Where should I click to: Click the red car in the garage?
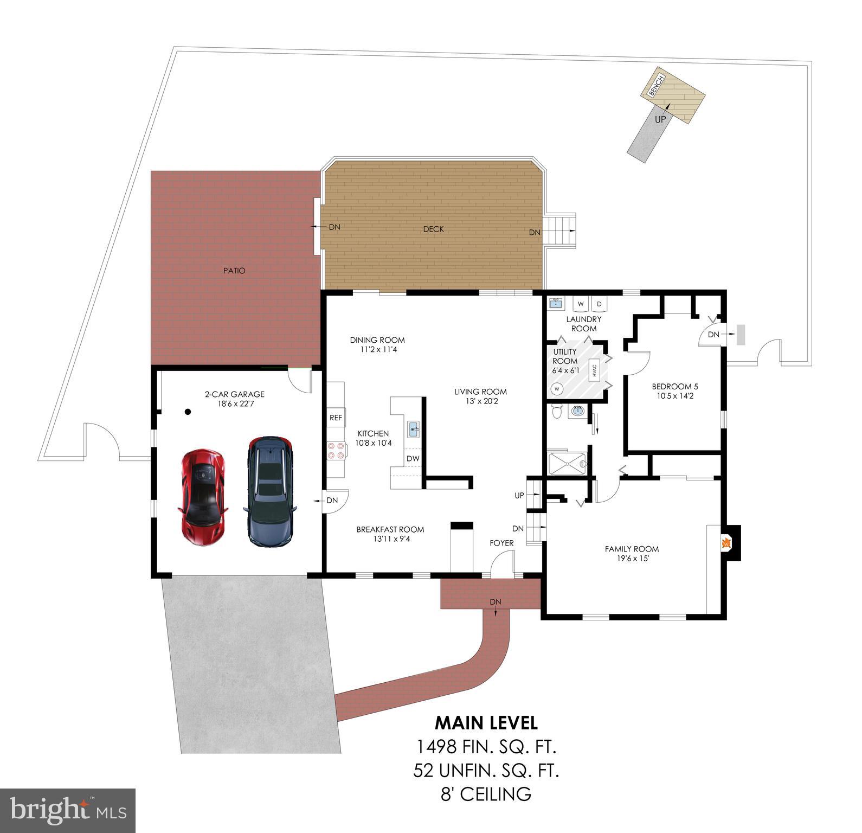coord(202,496)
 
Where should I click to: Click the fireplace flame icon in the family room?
coord(725,542)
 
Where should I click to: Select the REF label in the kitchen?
coord(336,418)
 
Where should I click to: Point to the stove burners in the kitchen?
coord(336,451)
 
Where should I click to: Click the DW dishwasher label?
coord(413,459)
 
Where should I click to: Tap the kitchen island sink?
coord(414,430)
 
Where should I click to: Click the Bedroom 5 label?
coord(674,387)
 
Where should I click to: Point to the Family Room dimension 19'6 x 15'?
coord(632,558)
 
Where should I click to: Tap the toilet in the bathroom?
coord(555,412)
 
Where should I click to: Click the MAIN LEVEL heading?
coord(486,723)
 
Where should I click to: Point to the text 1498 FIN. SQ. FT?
coord(486,747)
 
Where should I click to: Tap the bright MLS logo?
coord(68,811)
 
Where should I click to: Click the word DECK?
coord(433,229)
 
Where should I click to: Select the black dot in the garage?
coord(188,412)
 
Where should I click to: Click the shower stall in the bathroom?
coord(567,464)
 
